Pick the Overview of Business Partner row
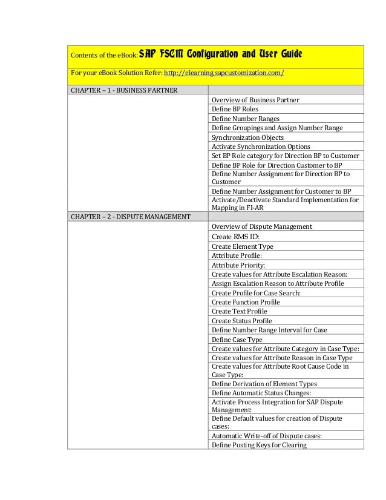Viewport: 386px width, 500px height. [255, 100]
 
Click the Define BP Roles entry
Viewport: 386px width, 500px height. [235, 109]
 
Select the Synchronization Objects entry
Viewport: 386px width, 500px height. [247, 137]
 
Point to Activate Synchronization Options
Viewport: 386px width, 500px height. [261, 146]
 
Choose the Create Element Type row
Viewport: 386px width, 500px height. [242, 246]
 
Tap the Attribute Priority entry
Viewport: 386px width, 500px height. [238, 265]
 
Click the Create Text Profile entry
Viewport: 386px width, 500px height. [239, 311]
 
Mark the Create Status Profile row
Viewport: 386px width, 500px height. [242, 321]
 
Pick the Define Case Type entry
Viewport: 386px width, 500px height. [237, 340]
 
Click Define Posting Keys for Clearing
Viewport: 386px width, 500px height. [259, 446]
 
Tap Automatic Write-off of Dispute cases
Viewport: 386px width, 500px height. [266, 436]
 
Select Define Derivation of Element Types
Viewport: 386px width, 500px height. [264, 384]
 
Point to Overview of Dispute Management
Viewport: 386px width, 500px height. [261, 226]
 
